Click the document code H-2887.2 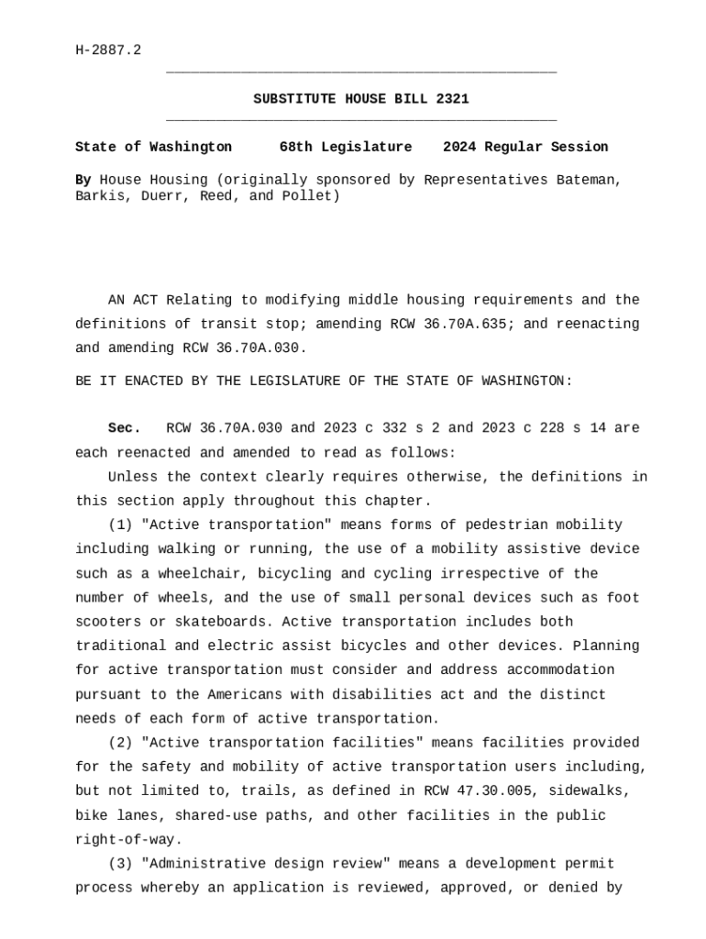108,50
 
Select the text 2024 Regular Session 525,147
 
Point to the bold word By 83,180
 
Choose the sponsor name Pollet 311,196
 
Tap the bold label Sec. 125,428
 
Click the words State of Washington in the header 153,147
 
